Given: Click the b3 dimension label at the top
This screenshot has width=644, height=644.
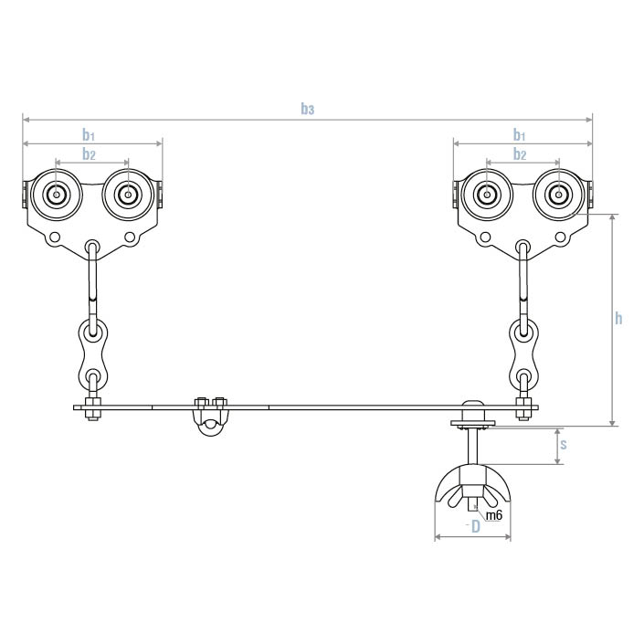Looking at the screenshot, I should coord(308,110).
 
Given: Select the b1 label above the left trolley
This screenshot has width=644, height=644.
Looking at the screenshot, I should coord(89,135).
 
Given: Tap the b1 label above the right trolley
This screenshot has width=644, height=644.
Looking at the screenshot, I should coord(520,135).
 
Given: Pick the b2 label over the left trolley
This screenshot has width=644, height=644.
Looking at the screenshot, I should coord(89,154).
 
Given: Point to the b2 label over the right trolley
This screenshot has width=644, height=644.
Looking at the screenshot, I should coord(520,154).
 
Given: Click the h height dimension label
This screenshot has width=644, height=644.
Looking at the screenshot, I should coord(618,318).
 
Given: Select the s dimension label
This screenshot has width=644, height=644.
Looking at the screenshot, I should coord(564,445).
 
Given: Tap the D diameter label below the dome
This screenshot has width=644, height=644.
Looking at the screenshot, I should coord(476,528).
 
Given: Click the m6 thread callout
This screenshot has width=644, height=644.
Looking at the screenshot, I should coord(493,516).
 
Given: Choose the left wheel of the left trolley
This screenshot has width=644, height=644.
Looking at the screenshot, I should coord(57,195).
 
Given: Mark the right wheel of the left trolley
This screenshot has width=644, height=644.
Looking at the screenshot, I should coord(127,195).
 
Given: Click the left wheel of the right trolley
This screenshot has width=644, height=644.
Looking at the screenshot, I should coord(487,195).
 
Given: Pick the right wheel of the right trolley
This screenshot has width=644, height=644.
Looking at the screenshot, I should coord(557,195).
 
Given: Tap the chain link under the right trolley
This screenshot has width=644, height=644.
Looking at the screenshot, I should coord(523,352).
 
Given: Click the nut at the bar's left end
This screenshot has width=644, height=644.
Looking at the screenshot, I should coord(92,413).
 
